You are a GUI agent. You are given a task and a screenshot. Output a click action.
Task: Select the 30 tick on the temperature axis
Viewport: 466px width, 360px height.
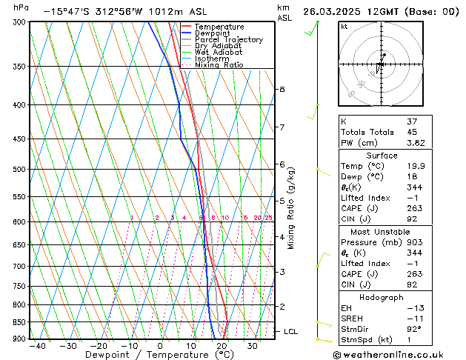coord(253,345)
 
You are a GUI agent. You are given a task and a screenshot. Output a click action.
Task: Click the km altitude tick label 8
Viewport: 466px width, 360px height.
coord(282,90)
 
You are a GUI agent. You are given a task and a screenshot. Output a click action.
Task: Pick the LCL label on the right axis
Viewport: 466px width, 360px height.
coord(290,331)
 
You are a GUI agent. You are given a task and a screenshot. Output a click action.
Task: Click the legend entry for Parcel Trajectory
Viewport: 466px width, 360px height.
coord(228,40)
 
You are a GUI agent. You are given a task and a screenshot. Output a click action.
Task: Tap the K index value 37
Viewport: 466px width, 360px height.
coord(413,121)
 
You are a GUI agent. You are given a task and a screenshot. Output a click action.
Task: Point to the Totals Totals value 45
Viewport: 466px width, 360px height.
coord(413,132)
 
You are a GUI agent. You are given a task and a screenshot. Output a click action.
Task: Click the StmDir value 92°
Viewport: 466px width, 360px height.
coord(415,329)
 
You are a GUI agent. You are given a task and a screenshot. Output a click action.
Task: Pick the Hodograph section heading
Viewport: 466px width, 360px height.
coord(381,297)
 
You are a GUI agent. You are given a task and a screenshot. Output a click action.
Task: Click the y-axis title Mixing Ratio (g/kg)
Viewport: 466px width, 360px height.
coord(291,208)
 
